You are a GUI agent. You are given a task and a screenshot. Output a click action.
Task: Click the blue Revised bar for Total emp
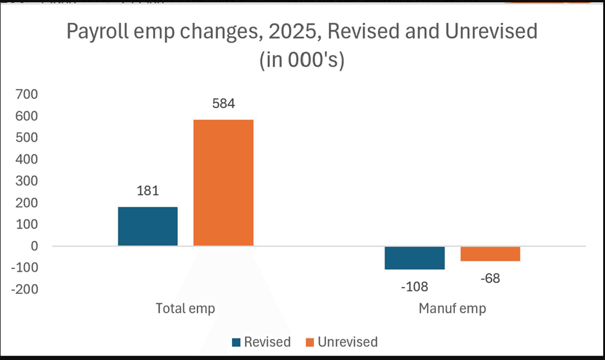[x=148, y=227]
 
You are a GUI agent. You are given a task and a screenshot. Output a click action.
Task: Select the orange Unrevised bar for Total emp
[x=223, y=183]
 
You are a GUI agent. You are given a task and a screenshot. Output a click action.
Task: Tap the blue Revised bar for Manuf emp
[x=415, y=257]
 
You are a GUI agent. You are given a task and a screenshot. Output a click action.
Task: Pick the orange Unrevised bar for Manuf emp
[x=490, y=254]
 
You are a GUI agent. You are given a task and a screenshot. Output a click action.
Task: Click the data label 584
[x=223, y=104]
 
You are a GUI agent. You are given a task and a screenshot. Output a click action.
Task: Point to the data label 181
[x=148, y=191]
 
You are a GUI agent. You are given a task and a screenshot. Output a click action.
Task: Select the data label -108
[x=414, y=287]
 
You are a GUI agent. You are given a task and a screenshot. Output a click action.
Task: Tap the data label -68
[x=490, y=278]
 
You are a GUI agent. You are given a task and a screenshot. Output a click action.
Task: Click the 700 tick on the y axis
[x=27, y=94]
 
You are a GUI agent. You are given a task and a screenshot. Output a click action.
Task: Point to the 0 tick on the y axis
[x=35, y=246]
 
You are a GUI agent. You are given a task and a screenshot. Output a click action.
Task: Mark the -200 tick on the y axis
[x=25, y=290]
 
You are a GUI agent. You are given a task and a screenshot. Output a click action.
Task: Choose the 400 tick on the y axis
[x=27, y=159]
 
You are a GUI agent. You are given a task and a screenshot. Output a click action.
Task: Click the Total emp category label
[x=185, y=309]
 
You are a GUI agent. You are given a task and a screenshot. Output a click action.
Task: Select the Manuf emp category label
[x=452, y=309]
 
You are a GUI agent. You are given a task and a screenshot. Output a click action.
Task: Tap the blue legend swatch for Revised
[x=236, y=342]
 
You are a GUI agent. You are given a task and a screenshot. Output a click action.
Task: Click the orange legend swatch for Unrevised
[x=310, y=342]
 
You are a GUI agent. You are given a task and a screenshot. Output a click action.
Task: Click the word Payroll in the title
[x=98, y=32]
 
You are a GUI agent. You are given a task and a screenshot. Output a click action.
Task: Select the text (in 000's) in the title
[x=302, y=60]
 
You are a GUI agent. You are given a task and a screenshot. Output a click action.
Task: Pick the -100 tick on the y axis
[x=25, y=267]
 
